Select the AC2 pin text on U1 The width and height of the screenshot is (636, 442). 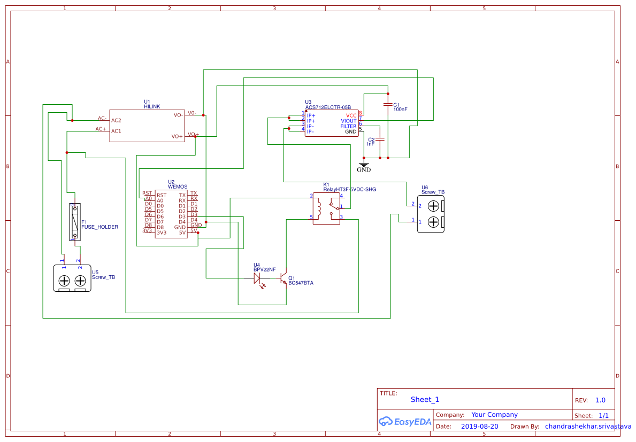116,121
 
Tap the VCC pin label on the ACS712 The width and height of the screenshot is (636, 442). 351,115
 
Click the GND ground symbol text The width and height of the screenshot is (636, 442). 364,170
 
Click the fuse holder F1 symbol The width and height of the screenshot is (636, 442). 75,222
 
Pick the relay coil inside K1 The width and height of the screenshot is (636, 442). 319,208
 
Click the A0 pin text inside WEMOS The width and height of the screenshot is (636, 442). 160,201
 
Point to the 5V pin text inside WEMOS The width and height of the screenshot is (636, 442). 182,232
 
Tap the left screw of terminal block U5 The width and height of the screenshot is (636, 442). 64,281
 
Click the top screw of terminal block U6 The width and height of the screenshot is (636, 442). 434,206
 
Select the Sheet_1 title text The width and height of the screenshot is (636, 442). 425,400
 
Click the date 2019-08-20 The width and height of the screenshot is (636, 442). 479,427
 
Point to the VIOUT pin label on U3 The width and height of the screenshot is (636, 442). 348,121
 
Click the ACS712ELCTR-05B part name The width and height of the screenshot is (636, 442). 328,107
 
